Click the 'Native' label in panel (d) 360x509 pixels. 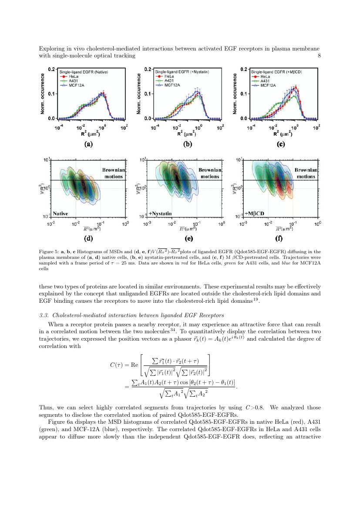63,213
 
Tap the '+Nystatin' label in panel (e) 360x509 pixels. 160,214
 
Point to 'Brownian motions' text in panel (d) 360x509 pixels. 113,173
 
